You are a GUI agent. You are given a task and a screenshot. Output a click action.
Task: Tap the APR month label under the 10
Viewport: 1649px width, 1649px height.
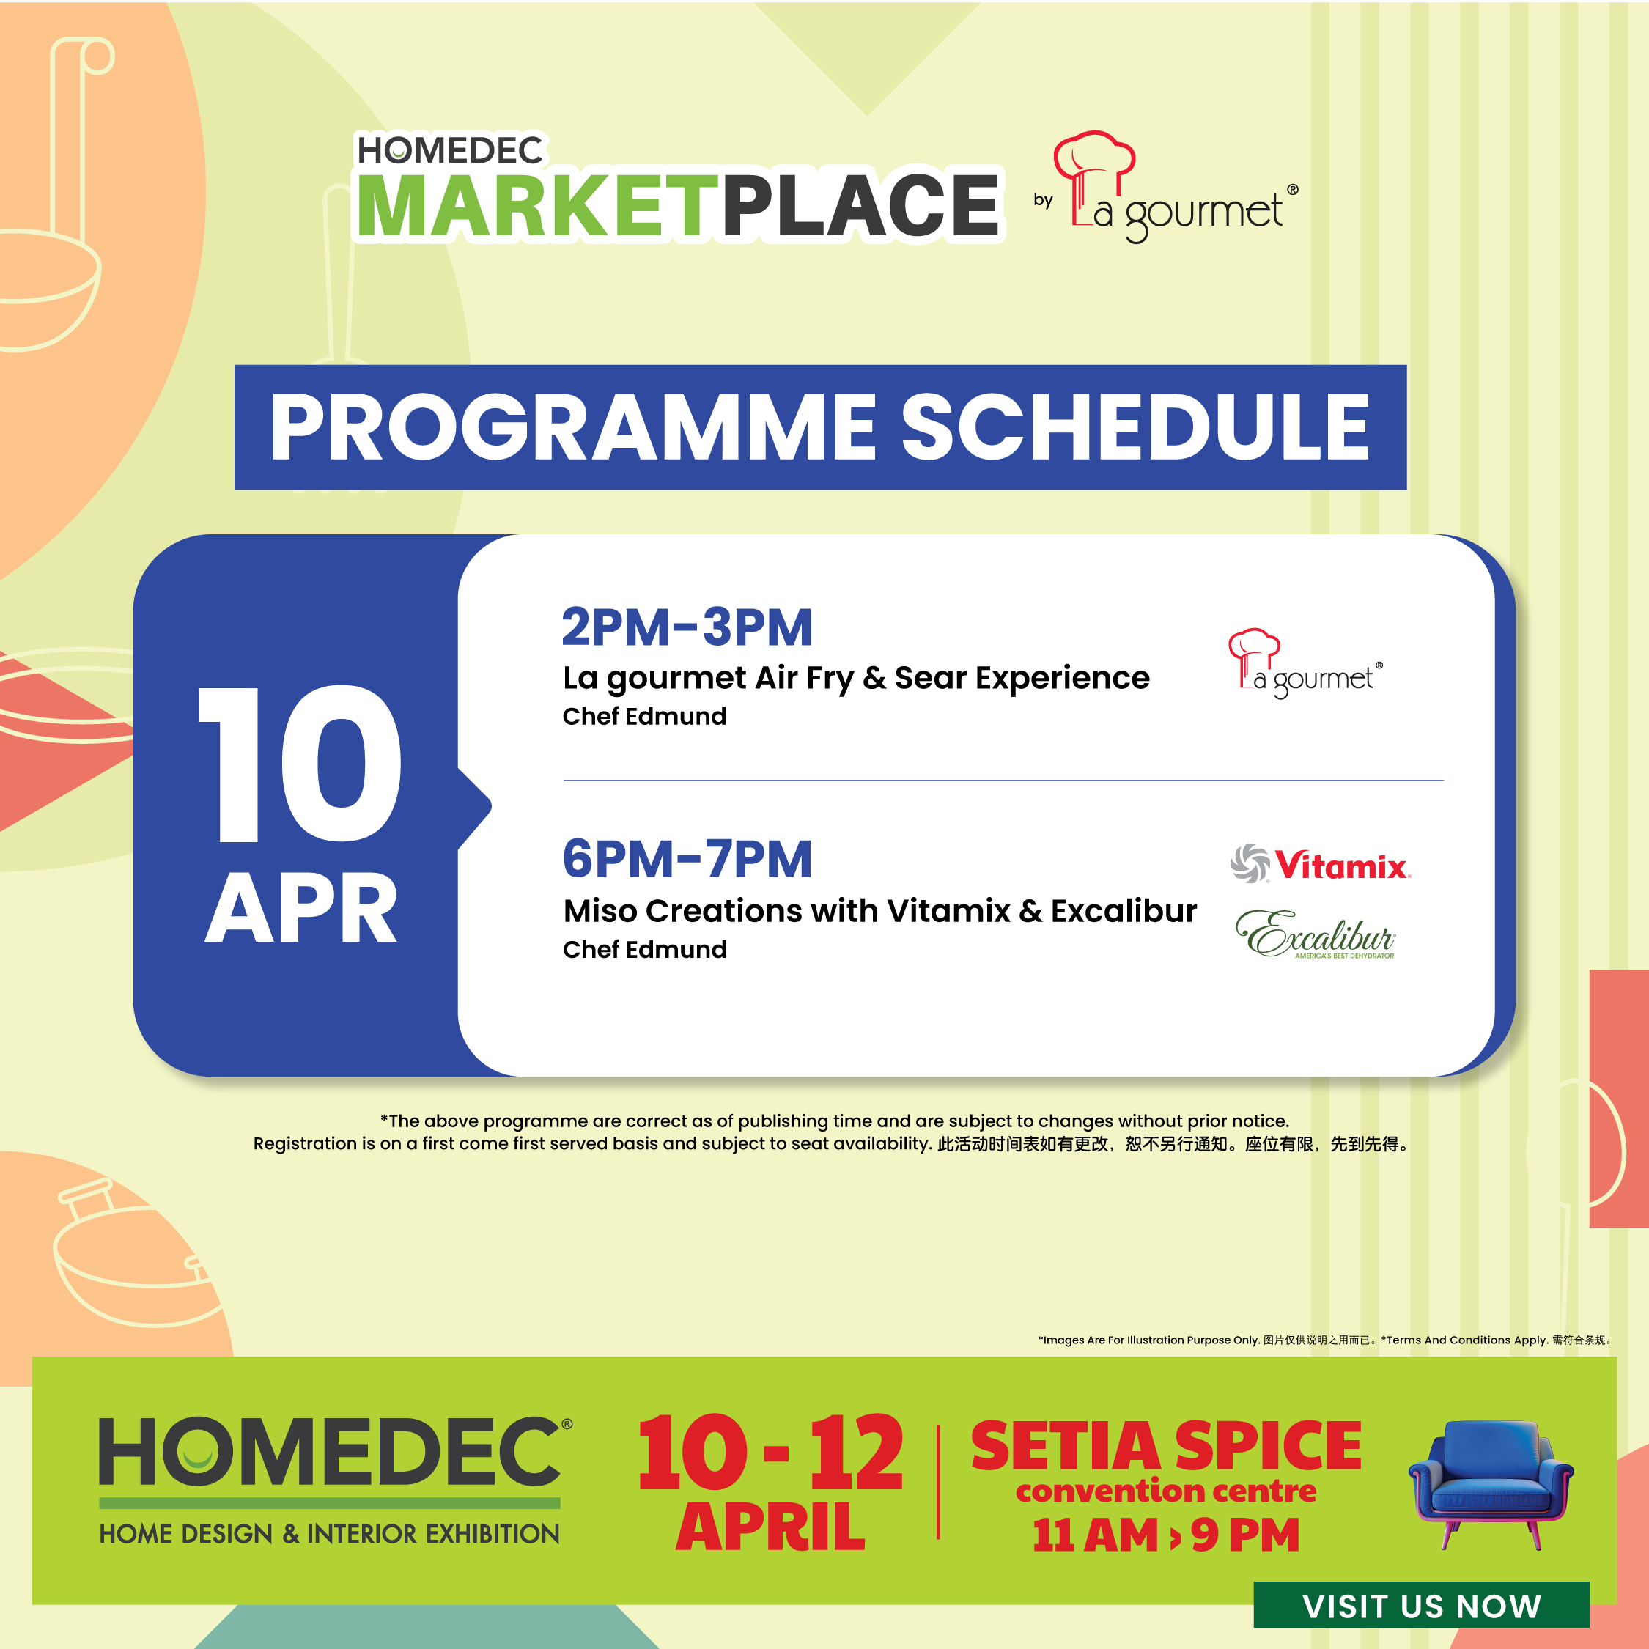[300, 910]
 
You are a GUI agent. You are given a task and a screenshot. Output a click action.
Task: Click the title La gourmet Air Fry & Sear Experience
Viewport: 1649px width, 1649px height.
[855, 678]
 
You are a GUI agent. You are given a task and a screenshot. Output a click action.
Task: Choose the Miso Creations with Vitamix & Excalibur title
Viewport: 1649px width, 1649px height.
[879, 911]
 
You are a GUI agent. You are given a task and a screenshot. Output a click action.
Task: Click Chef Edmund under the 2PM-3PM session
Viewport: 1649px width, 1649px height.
[644, 716]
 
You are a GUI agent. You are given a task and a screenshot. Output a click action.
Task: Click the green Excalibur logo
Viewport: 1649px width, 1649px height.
[1316, 935]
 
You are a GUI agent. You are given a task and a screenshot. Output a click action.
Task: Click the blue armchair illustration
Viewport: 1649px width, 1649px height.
[1490, 1482]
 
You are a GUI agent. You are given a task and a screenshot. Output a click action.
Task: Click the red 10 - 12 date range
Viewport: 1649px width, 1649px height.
[769, 1453]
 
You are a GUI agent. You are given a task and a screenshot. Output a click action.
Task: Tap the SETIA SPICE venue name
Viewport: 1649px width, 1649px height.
[1165, 1446]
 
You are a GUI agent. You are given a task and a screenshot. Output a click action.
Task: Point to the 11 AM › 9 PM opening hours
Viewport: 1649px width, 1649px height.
[1165, 1535]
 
